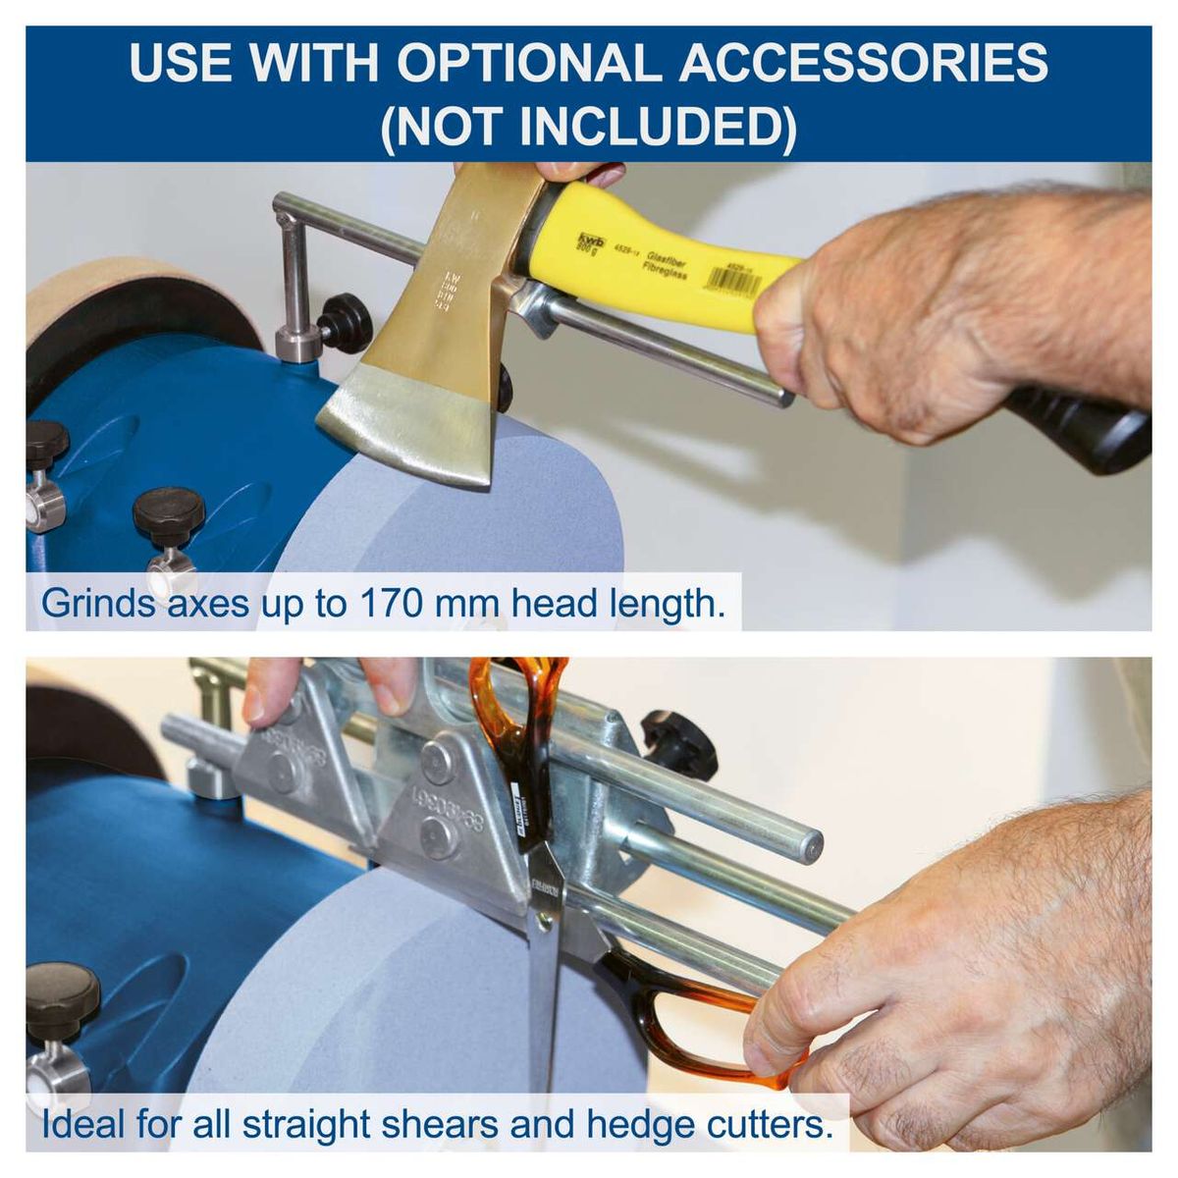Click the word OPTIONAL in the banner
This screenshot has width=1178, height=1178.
coord(530,64)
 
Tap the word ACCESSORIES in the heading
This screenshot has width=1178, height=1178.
coord(863,64)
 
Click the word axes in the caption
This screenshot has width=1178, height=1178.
coord(208,603)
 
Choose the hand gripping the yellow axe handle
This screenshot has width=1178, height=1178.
coord(942,314)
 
